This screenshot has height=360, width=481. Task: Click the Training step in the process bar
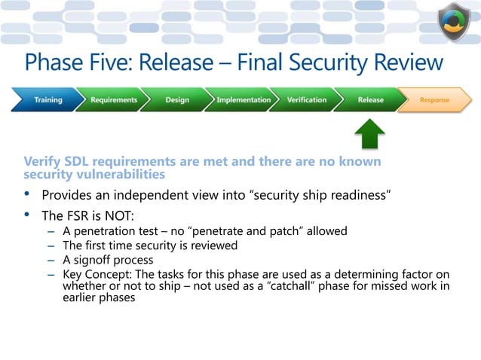point(47,99)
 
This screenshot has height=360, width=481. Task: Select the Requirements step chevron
point(114,99)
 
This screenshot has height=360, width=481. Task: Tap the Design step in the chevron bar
point(177,99)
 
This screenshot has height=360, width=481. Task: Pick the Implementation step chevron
point(243,99)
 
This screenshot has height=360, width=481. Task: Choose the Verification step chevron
point(307,99)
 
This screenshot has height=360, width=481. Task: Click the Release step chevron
point(370,99)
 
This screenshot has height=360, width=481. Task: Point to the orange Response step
point(434,99)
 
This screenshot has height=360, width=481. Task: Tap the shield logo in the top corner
point(454,22)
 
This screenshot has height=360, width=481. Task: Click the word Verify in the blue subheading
point(42,161)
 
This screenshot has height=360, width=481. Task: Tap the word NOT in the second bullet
point(118,216)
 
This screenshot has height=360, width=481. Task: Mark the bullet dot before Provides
point(28,195)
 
